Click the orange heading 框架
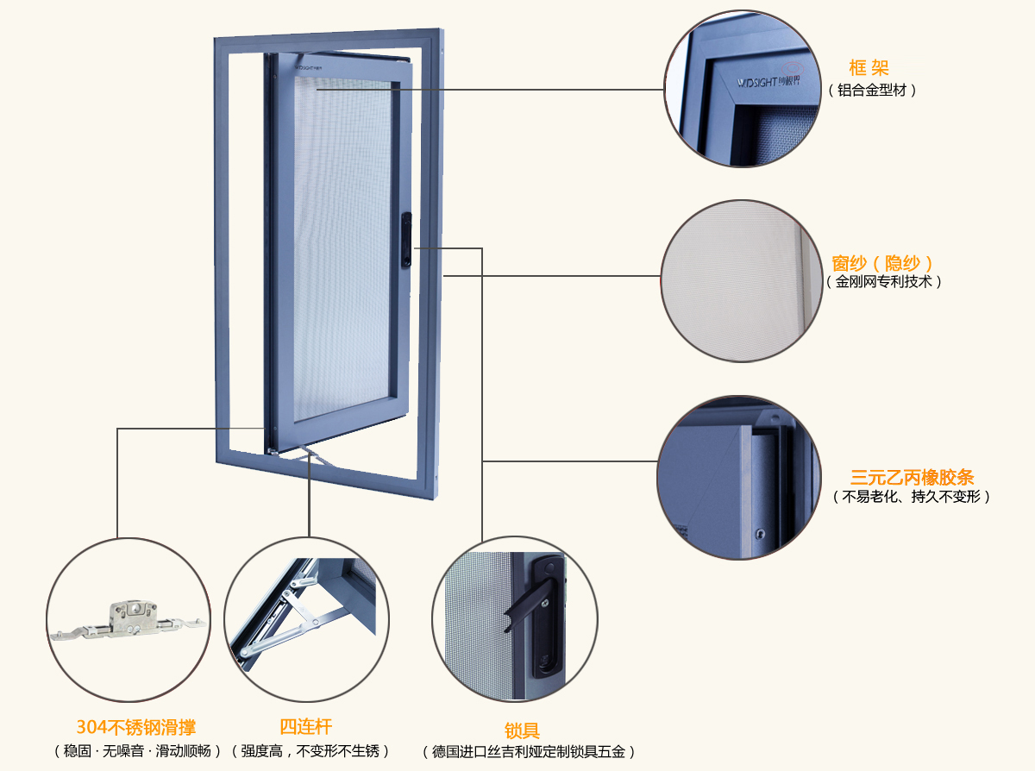(x=869, y=68)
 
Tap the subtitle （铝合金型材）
(x=872, y=90)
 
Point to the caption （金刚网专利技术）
(x=884, y=282)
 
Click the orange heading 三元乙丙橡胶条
(x=912, y=477)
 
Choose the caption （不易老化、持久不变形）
(x=912, y=497)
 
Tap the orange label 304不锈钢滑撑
(x=136, y=728)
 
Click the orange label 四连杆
(x=305, y=727)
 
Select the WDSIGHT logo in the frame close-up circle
(x=757, y=84)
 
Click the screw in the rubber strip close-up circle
(x=760, y=532)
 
